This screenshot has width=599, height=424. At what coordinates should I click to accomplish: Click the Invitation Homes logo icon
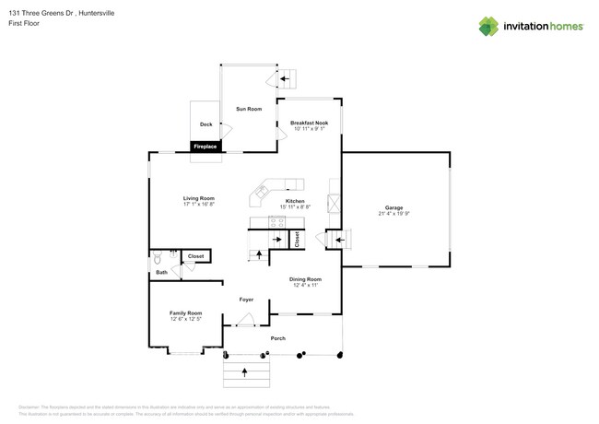tap(488, 26)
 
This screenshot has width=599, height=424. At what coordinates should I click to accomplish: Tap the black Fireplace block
tap(205, 147)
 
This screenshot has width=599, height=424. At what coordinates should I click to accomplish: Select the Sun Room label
tap(249, 109)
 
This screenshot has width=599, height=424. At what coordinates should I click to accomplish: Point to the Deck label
tap(206, 124)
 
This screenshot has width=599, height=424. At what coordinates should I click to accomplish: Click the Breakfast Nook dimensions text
tap(309, 129)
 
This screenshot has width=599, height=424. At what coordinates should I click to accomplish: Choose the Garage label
tap(394, 207)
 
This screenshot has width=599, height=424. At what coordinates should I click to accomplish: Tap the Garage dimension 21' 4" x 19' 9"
tap(394, 214)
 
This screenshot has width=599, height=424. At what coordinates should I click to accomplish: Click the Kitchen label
tap(295, 201)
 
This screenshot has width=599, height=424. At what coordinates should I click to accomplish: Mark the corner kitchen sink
tap(262, 193)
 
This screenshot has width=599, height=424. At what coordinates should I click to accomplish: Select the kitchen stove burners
tap(276, 221)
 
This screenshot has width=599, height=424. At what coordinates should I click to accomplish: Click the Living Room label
tap(198, 198)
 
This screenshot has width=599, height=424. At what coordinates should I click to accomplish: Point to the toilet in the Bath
tap(159, 257)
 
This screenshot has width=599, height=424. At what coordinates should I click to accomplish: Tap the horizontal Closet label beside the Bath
tap(195, 256)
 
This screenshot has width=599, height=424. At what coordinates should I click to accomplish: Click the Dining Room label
tap(305, 279)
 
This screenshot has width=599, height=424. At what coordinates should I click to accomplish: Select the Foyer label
tap(246, 300)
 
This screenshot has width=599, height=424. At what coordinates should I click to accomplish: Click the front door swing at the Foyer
tap(245, 319)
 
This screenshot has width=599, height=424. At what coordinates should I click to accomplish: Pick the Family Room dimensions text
tap(185, 319)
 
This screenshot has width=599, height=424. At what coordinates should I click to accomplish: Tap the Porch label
tap(277, 338)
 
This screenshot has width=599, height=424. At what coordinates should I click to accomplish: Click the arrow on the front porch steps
tap(245, 372)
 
